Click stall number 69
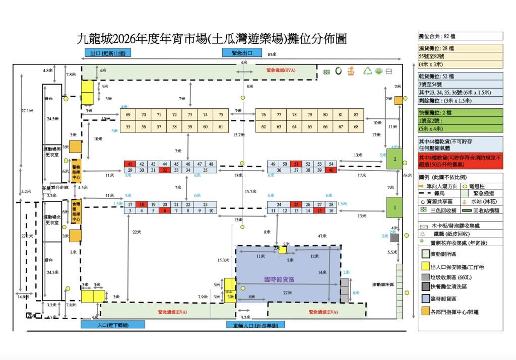[x=128, y=115]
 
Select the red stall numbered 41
[x=130, y=164]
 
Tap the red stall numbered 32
[x=164, y=171]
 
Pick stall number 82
[x=356, y=115]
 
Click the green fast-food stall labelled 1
[x=395, y=206]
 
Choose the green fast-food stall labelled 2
[x=395, y=160]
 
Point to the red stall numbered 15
[x=319, y=210]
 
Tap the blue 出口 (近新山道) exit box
[x=108, y=53]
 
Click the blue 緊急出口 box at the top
[x=242, y=53]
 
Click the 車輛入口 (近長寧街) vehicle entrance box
[x=255, y=325]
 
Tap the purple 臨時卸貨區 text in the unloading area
[x=279, y=279]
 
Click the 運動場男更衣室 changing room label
[x=52, y=152]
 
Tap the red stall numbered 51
[x=296, y=164]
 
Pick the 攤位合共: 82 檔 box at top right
[x=460, y=36]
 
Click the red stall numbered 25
[x=296, y=204]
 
